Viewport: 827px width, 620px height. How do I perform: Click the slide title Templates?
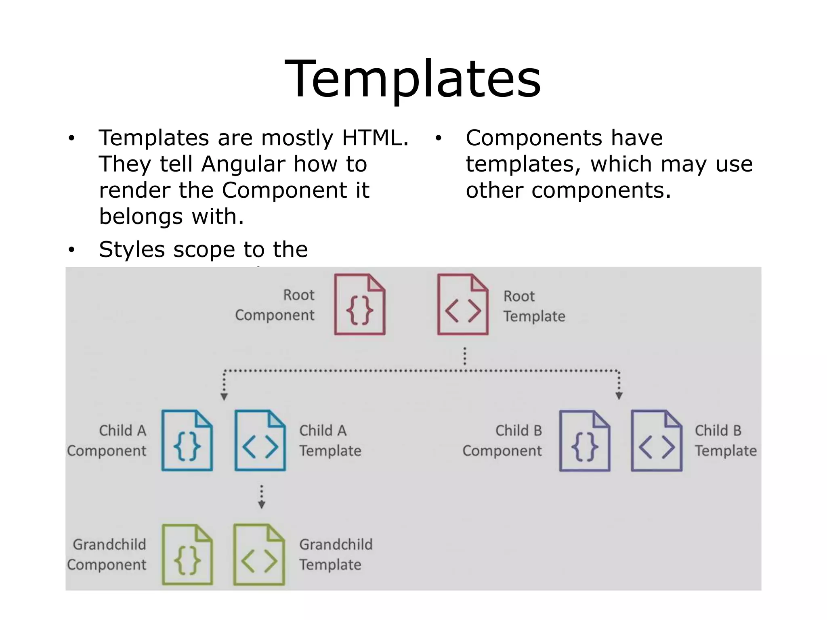click(413, 79)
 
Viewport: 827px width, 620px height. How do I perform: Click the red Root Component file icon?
click(360, 305)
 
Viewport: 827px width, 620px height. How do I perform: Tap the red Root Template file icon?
click(463, 305)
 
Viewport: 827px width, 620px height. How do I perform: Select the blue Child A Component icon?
click(187, 440)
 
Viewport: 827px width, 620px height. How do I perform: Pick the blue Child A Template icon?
click(260, 440)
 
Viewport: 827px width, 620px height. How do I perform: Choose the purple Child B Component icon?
click(585, 441)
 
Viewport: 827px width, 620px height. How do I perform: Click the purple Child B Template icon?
click(657, 441)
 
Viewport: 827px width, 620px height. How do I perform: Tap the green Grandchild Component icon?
click(187, 555)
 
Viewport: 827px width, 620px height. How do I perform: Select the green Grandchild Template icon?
click(259, 555)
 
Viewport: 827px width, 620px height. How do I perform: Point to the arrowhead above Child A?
click(224, 396)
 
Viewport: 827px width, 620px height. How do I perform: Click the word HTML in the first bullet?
click(375, 138)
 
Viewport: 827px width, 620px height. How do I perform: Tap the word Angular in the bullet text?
click(243, 164)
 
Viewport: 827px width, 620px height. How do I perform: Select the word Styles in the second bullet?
click(132, 249)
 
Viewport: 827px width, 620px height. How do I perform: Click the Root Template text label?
click(534, 306)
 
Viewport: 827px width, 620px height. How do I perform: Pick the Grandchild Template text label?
click(336, 555)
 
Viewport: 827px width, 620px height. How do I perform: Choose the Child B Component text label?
click(502, 441)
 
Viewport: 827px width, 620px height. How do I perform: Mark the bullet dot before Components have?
click(439, 138)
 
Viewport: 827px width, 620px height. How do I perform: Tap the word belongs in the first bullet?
click(141, 217)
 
